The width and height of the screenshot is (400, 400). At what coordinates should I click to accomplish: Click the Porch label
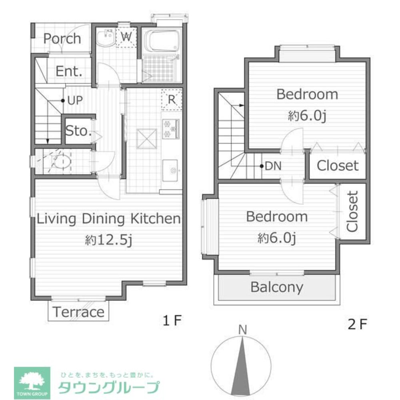click(x=62, y=39)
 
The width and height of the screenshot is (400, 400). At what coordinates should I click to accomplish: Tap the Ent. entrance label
click(x=69, y=72)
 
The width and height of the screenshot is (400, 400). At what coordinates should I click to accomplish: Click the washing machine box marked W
click(x=127, y=37)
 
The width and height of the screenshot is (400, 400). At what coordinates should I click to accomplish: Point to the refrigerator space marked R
click(x=172, y=100)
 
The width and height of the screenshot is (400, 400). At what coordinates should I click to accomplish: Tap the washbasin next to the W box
click(x=106, y=39)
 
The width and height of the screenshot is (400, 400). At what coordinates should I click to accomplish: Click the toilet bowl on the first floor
click(x=62, y=162)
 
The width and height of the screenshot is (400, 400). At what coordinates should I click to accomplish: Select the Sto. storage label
click(x=78, y=131)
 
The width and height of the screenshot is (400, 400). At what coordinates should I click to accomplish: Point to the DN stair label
click(x=273, y=166)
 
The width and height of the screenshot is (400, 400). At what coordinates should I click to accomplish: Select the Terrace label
click(x=78, y=312)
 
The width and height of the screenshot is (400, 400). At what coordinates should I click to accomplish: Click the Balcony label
click(x=276, y=287)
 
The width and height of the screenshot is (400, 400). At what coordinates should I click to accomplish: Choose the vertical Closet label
click(x=352, y=212)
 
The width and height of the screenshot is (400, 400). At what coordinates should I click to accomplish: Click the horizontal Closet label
click(x=338, y=166)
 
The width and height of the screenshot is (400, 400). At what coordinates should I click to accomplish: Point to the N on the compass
click(x=242, y=330)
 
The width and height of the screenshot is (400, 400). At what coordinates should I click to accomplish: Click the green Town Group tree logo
click(x=32, y=382)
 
